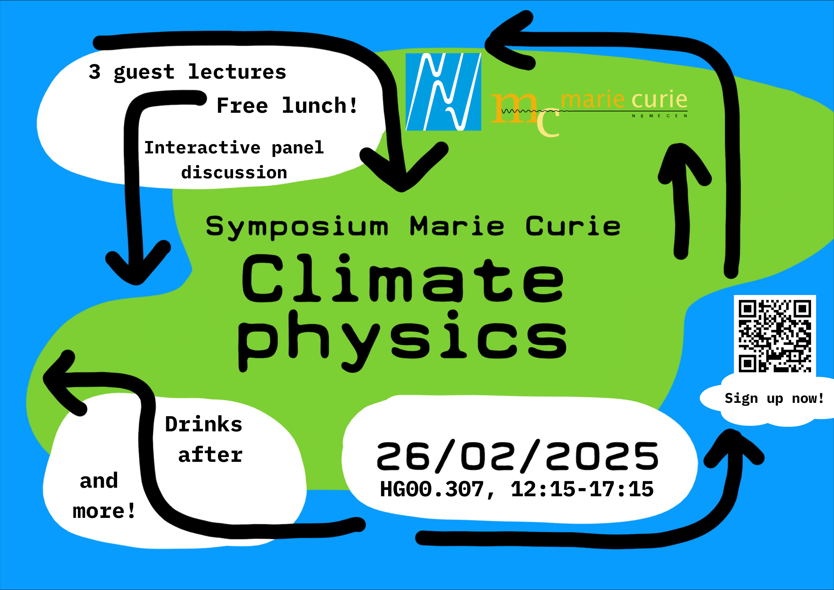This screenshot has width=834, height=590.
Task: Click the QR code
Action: coord(775,336)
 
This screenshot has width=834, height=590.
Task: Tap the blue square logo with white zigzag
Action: coord(443,92)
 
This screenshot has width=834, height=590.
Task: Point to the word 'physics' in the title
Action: coord(402,341)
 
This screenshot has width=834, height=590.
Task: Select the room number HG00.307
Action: coord(432,489)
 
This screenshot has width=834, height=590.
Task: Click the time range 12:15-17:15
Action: coord(582,489)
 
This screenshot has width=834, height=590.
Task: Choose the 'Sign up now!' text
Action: coord(774,399)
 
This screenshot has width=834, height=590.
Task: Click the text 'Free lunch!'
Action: coord(287,106)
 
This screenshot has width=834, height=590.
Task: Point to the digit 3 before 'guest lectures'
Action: coord(94,71)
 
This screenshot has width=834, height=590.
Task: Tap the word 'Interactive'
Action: coord(202,147)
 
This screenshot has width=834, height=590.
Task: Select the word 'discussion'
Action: coord(234,172)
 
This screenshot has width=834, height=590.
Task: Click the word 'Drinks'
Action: coord(204,424)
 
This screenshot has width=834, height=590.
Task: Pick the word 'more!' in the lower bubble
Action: coord(104,511)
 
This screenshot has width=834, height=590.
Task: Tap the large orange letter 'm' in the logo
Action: coord(514,108)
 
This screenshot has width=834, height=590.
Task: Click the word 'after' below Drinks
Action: coord(210,455)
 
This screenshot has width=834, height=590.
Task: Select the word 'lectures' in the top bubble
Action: coord(237,71)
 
